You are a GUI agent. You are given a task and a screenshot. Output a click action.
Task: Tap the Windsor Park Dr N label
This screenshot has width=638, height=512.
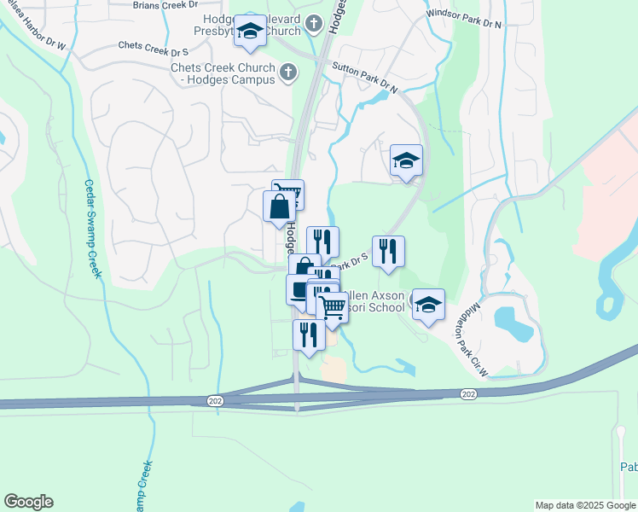click(x=464, y=20)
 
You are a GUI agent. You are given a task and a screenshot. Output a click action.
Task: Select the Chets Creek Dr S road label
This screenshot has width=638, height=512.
click(x=154, y=44)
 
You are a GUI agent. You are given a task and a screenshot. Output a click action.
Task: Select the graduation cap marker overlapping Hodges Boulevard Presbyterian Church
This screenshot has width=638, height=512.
click(x=250, y=32)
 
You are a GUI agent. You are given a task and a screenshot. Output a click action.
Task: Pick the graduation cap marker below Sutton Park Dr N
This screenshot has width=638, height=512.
click(x=407, y=159)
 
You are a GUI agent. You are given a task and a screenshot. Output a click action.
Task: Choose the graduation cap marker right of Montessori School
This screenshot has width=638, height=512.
click(x=428, y=304)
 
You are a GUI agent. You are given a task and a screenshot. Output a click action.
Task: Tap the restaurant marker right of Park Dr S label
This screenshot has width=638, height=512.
click(x=388, y=251)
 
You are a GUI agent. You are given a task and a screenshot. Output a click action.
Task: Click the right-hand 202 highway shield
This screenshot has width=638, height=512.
click(x=467, y=393)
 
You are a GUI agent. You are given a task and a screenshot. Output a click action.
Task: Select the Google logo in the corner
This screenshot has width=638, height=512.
click(x=28, y=502)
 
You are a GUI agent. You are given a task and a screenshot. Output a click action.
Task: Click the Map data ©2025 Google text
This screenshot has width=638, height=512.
click(x=584, y=505)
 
